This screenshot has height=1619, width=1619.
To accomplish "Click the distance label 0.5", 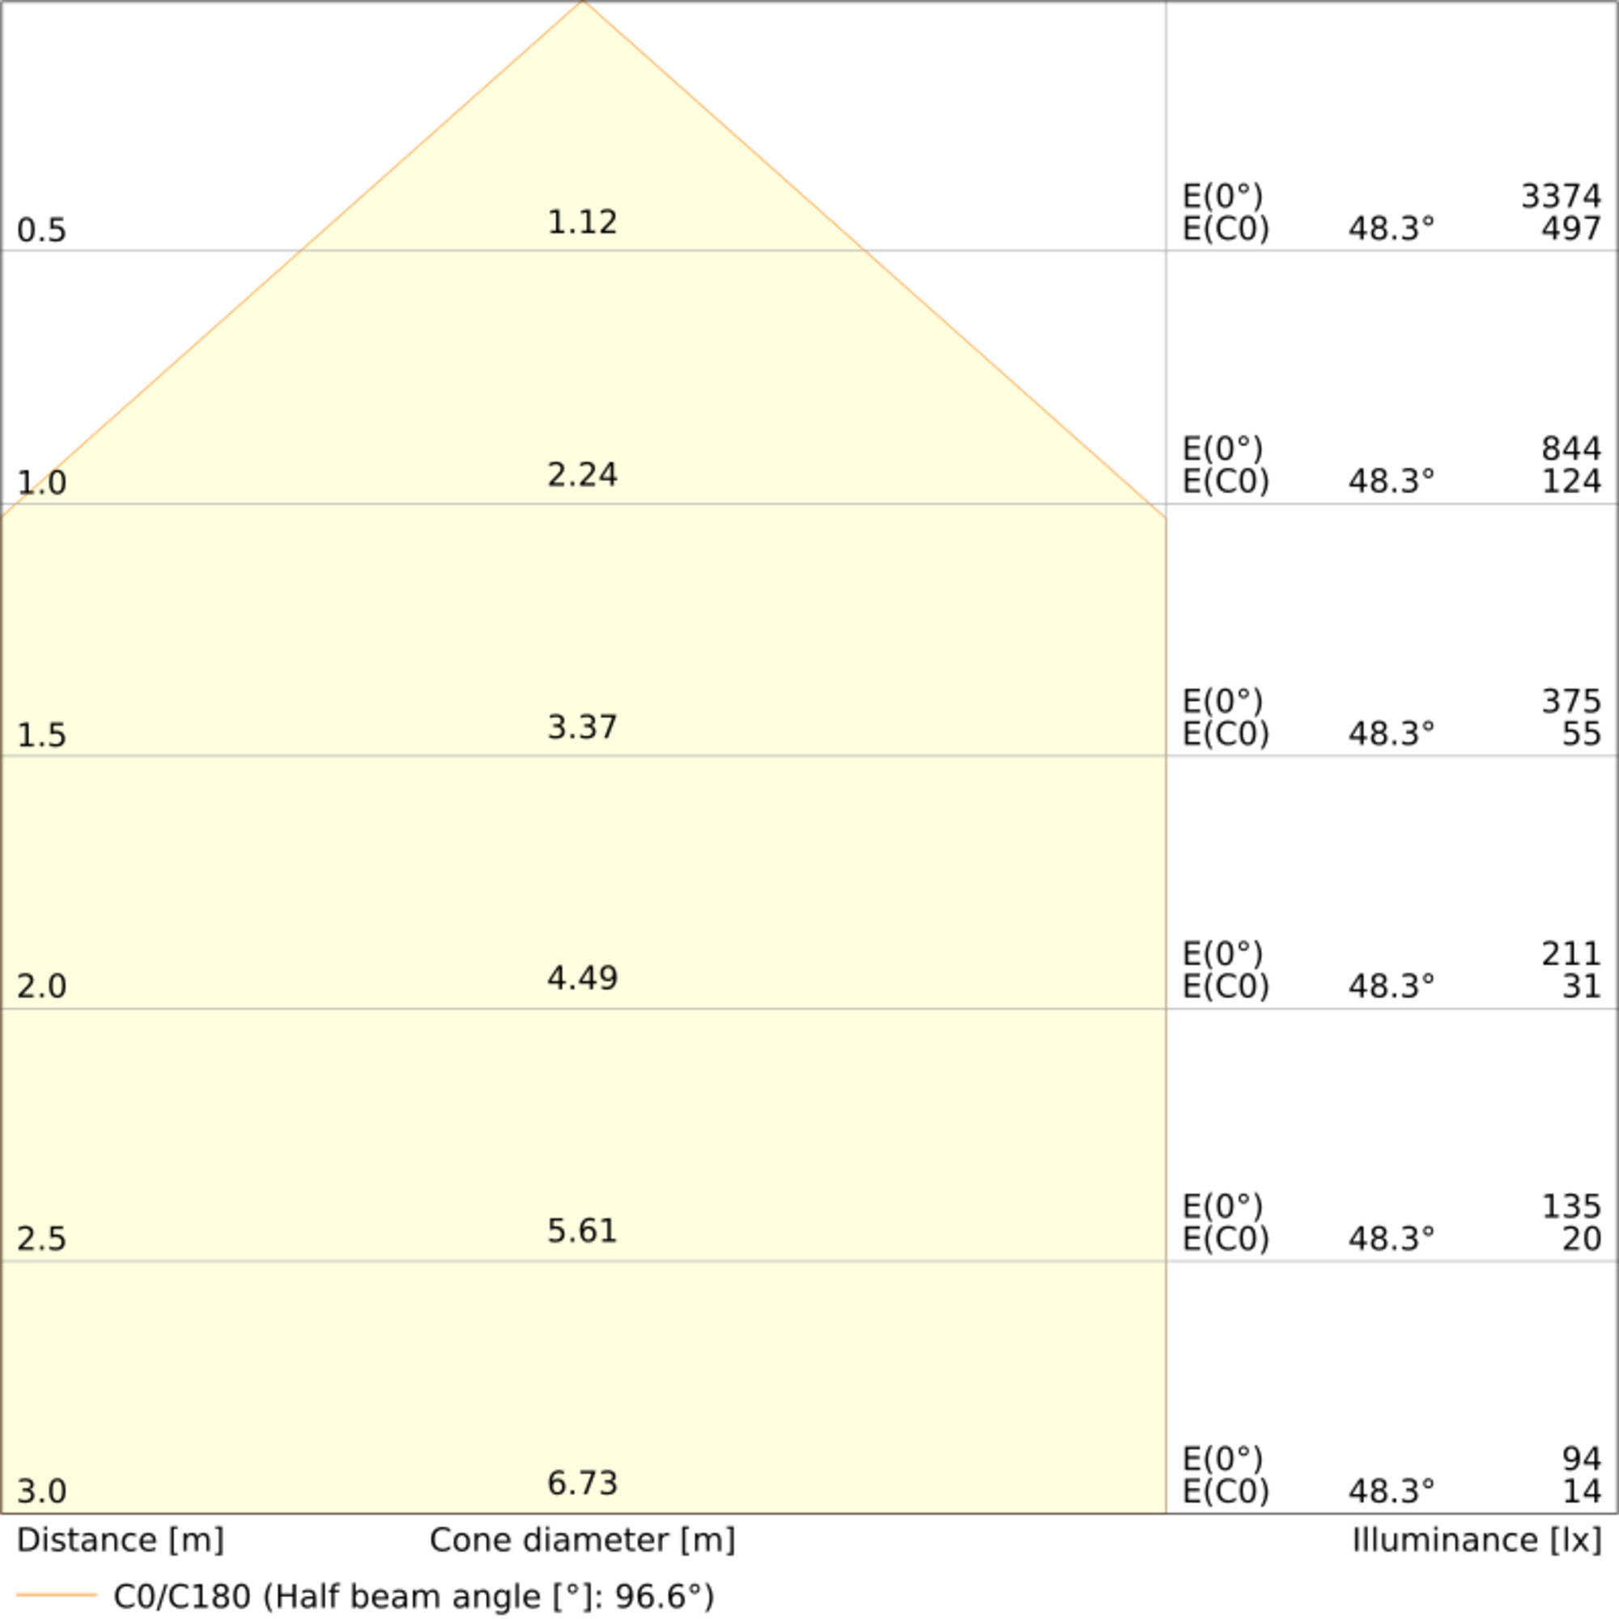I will click(x=41, y=230).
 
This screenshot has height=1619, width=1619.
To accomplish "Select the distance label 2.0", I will click(x=41, y=986).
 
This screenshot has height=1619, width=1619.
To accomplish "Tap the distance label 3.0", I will click(x=41, y=1491).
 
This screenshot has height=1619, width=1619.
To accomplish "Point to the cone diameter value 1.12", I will click(x=581, y=222).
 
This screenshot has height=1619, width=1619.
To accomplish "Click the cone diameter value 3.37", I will click(x=581, y=727).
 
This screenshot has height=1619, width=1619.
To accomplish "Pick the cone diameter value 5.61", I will click(x=581, y=1230).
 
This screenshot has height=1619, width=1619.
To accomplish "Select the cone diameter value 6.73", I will click(x=581, y=1482).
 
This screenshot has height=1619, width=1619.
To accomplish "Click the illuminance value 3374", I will click(x=1561, y=197).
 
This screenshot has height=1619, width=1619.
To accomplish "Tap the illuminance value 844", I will click(x=1570, y=449).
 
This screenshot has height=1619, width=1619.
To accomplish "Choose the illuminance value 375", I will click(x=1570, y=701).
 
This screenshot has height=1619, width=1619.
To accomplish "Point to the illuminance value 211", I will click(x=1570, y=954).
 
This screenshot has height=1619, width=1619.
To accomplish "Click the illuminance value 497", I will click(x=1570, y=229).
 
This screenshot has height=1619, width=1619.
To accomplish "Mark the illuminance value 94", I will click(x=1581, y=1459).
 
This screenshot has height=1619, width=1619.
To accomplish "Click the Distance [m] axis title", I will click(x=120, y=1540).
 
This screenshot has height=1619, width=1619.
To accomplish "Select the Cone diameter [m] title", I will click(x=581, y=1540).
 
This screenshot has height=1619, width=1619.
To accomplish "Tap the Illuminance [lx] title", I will click(x=1477, y=1540).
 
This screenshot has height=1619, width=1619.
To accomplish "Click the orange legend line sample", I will click(x=56, y=1595).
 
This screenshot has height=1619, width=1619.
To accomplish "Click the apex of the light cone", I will click(x=583, y=2).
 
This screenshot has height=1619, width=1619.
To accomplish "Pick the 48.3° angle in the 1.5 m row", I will click(x=1391, y=734).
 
